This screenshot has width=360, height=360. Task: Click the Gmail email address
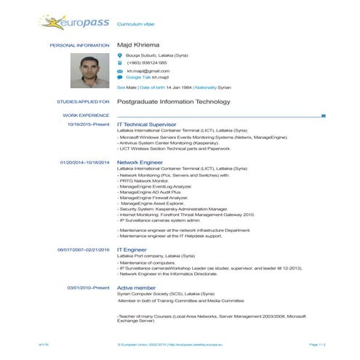pos(148,71)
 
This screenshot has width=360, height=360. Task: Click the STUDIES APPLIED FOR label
pos(83,102)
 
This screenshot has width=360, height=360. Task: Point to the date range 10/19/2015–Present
pos(88,124)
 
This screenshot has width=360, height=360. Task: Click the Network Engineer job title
pos(140,162)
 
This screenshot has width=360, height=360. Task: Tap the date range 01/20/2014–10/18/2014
pos(84,162)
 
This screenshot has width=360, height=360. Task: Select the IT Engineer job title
pos(132,249)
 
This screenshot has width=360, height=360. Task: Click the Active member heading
pos(136,287)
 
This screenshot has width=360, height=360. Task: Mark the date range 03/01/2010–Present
pos(88,287)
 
